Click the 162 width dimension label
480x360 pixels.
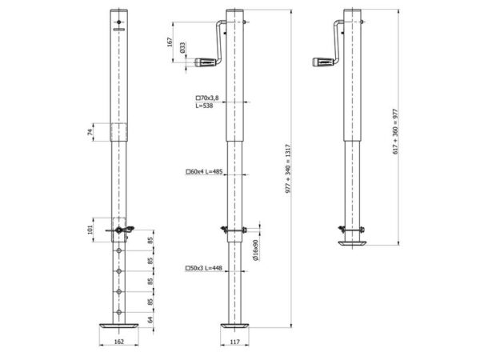click(118, 342)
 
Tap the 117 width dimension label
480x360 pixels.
click(234, 342)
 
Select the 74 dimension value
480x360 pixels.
click(90, 132)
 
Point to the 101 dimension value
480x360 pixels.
click(90, 230)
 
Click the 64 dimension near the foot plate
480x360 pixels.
click(150, 320)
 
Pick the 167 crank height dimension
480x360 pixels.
click(170, 42)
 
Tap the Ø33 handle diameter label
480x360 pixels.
click(182, 48)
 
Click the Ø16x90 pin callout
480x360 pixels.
click(256, 250)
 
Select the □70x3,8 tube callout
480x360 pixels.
click(207, 98)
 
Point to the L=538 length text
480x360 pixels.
click(204, 106)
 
